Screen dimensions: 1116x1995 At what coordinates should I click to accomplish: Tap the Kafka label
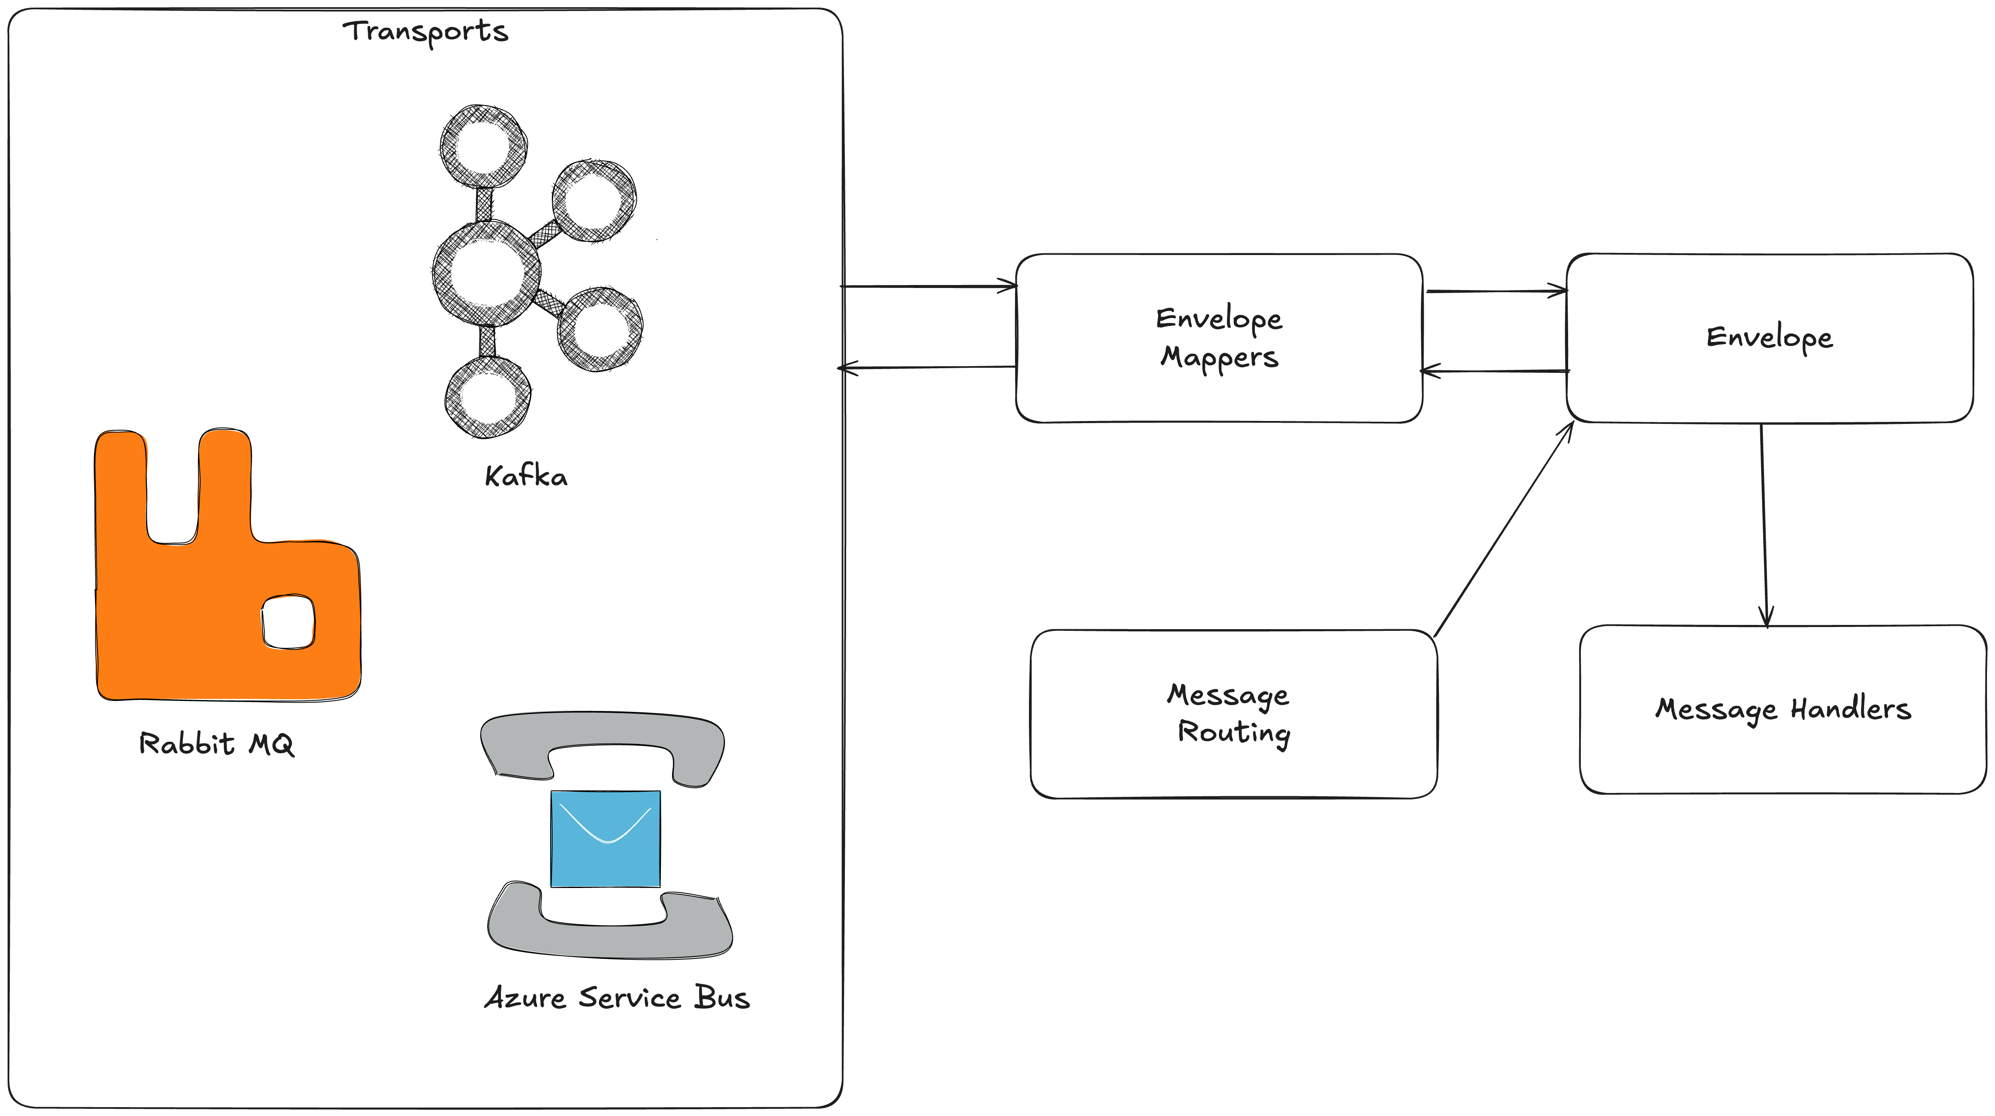(x=526, y=476)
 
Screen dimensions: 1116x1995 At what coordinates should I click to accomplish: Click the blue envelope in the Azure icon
(x=605, y=839)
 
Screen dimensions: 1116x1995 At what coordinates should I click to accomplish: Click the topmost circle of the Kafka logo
(x=483, y=147)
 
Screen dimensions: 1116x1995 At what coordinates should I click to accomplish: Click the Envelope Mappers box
(x=1219, y=339)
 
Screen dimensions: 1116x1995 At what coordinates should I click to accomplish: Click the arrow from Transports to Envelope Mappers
(x=929, y=287)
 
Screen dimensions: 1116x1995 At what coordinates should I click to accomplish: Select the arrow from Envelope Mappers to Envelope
(x=1496, y=291)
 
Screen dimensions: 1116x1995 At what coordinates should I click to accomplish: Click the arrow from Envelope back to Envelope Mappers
(x=1496, y=372)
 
